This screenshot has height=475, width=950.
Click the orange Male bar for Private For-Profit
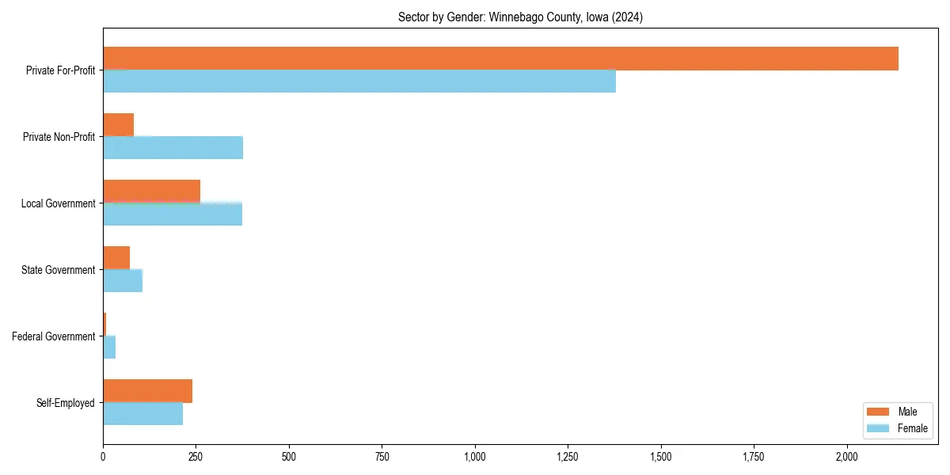(500, 59)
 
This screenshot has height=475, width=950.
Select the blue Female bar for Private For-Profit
(359, 81)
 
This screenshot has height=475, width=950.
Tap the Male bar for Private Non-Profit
(119, 125)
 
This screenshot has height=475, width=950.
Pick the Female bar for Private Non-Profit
(173, 147)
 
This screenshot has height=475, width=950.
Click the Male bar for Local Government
(151, 191)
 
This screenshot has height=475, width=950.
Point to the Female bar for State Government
(123, 280)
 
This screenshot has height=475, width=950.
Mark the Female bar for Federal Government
(109, 347)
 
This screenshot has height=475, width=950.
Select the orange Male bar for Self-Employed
(147, 391)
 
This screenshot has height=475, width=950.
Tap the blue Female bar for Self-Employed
(142, 413)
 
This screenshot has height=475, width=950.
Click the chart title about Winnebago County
(520, 17)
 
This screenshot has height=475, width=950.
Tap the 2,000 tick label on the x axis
(846, 457)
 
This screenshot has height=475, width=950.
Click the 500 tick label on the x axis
(289, 457)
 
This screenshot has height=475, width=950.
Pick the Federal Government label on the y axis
(54, 336)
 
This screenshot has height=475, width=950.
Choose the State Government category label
(59, 270)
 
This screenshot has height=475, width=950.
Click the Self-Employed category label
(66, 403)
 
